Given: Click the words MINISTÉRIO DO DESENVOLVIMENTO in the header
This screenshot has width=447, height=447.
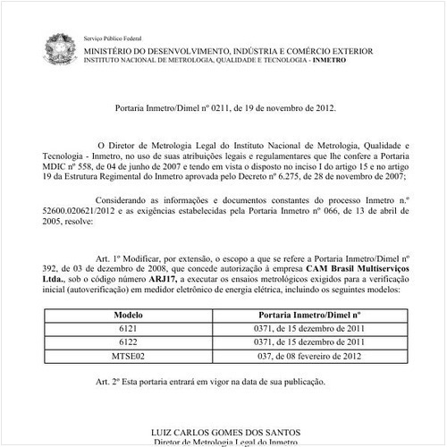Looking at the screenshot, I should click(x=157, y=53).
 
